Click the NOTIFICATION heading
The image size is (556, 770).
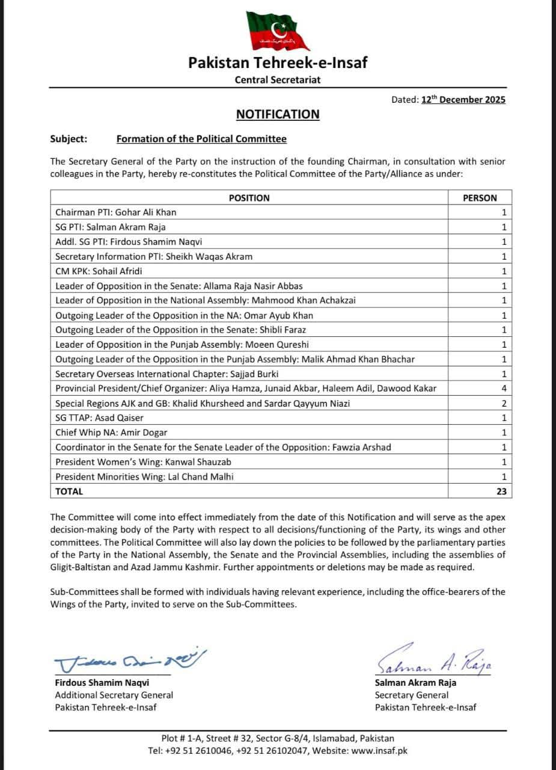tap(278, 114)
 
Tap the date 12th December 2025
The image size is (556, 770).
tap(463, 100)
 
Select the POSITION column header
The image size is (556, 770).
tap(249, 198)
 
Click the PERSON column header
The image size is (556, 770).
tap(480, 198)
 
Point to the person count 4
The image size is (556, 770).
tap(504, 389)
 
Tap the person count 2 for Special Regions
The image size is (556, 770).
tap(504, 403)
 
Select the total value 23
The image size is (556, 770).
tap(501, 491)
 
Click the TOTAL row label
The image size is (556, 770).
tap(69, 491)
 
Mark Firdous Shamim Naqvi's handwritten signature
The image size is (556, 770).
tap(130, 662)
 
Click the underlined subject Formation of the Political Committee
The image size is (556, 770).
tap(201, 139)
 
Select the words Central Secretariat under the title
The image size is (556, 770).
tap(278, 80)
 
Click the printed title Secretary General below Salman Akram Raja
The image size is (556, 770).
tap(412, 695)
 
